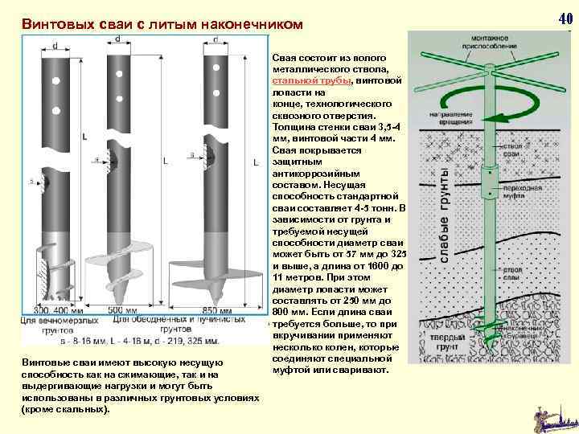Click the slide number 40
[565, 18]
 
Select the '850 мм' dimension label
[217, 310]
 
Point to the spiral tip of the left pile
[53, 273]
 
